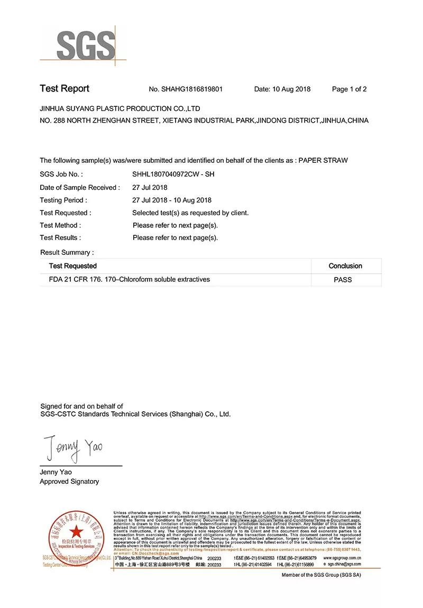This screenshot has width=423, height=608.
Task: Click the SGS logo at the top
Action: [85, 45]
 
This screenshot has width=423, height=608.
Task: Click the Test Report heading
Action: [65, 89]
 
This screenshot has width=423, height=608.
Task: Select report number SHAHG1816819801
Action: [186, 89]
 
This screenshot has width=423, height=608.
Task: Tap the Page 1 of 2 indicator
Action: [349, 89]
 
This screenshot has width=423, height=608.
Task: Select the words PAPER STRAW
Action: [323, 160]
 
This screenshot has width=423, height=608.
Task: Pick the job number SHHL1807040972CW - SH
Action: [173, 174]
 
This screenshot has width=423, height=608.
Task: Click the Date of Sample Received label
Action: [80, 188]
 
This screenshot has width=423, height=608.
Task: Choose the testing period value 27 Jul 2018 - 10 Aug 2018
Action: [172, 200]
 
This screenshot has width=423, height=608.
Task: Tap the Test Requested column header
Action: [73, 266]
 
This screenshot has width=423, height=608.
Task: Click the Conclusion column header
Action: [345, 266]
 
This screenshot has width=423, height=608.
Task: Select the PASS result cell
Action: [343, 280]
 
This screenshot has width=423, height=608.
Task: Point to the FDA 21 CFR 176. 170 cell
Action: [125, 279]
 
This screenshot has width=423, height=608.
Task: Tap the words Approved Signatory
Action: [69, 482]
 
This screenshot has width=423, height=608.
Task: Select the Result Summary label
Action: [67, 253]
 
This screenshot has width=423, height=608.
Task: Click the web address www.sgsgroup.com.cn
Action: [342, 558]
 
